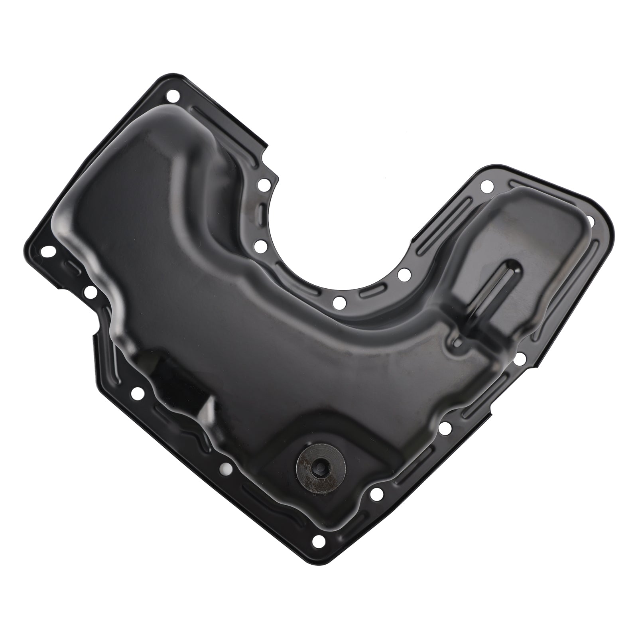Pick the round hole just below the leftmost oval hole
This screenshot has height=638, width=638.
[x=89, y=291]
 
